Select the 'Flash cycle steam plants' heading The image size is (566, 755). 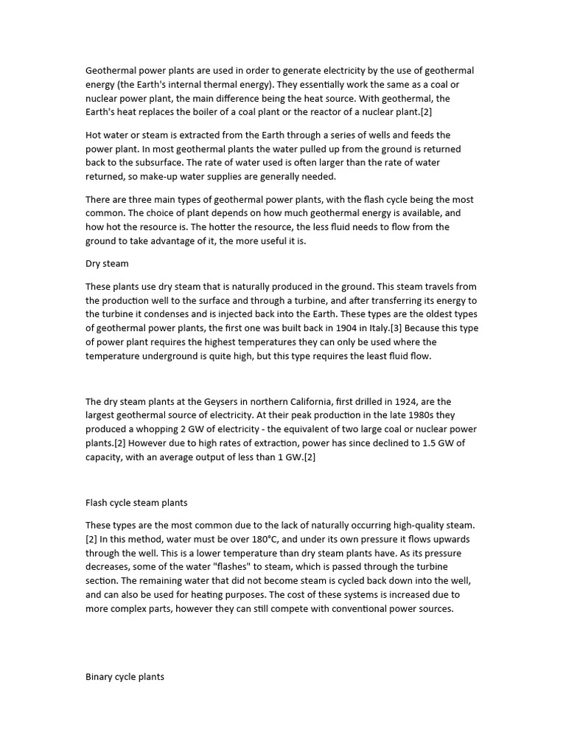pos(136,503)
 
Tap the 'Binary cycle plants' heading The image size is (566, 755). pos(125,675)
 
